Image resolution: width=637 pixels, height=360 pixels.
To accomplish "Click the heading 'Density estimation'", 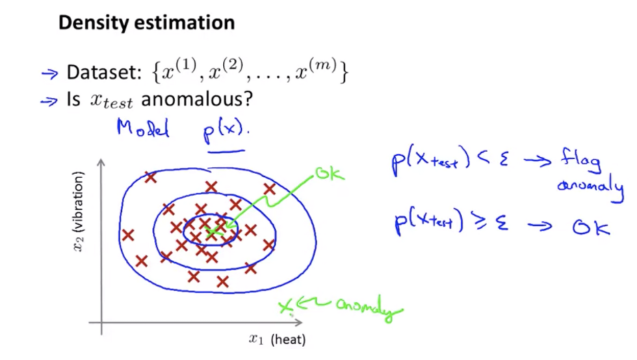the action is pyautogui.click(x=146, y=23).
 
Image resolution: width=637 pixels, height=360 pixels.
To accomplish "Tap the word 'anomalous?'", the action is pyautogui.click(x=196, y=99).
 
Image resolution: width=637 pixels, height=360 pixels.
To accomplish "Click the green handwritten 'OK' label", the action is pyautogui.click(x=329, y=176).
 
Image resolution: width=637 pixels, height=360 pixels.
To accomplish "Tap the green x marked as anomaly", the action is pyautogui.click(x=285, y=306).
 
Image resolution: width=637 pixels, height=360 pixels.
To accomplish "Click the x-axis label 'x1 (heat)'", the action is pyautogui.click(x=276, y=339).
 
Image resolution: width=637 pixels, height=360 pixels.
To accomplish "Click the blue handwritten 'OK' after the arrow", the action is pyautogui.click(x=590, y=227).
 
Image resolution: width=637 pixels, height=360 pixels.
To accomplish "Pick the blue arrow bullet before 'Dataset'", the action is pyautogui.click(x=49, y=73).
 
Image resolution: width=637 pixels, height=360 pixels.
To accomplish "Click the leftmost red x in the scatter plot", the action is pyautogui.click(x=127, y=235).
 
